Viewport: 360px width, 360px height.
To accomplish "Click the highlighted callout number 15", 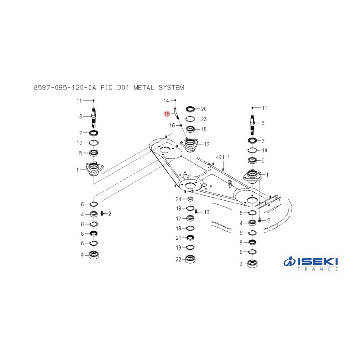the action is point(167,114).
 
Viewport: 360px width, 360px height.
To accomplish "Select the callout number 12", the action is point(207,144).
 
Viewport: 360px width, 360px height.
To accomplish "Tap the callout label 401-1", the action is point(223,157).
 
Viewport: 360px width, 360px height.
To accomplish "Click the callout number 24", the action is point(178,199).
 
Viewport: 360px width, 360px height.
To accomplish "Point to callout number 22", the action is point(178,260).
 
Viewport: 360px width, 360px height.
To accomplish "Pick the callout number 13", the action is point(207,212).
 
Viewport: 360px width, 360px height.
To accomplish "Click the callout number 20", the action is point(204,109).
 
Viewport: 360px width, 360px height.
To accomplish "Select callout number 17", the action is point(179,219).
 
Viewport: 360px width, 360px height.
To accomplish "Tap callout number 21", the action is point(178,238).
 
